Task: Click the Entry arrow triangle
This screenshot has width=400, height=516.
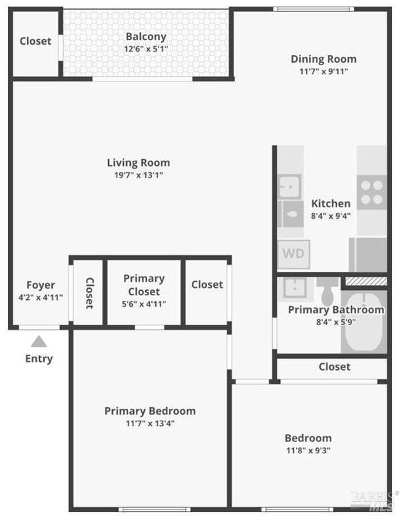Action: [39, 341]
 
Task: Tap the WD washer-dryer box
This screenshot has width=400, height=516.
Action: [293, 254]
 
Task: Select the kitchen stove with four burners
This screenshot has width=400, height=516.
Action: [372, 193]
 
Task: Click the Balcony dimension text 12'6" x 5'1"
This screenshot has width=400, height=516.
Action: [146, 49]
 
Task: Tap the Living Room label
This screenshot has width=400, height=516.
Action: [139, 163]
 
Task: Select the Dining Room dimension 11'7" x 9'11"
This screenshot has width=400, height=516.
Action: [324, 71]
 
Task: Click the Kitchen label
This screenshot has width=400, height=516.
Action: [331, 203]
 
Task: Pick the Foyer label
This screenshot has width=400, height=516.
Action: [41, 285]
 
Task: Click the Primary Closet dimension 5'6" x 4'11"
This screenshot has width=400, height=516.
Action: [144, 304]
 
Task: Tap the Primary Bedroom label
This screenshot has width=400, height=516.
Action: [150, 411]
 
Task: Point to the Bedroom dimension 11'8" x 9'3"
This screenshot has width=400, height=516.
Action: [308, 450]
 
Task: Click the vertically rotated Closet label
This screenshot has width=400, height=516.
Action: [90, 293]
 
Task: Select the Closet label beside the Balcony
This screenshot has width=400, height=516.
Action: [35, 41]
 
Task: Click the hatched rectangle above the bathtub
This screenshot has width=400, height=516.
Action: [366, 281]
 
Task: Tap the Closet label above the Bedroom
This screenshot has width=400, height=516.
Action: [335, 367]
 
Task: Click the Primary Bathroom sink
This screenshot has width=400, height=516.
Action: [294, 288]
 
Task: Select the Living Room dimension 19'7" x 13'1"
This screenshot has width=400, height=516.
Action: [139, 175]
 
